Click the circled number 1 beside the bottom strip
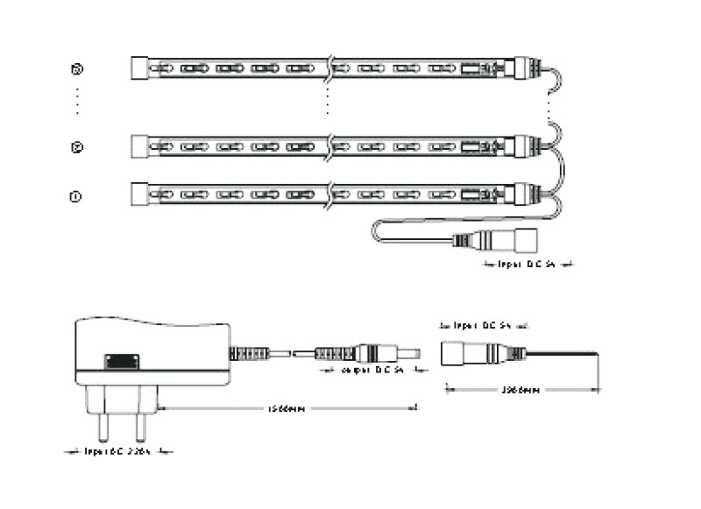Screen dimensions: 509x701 coord(76,196)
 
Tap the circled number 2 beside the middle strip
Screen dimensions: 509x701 coord(76,147)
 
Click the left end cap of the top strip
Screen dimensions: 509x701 coord(139,67)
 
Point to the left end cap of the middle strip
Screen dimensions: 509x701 coord(139,145)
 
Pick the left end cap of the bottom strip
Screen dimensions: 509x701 coord(139,194)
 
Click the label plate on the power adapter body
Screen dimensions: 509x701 coord(122,361)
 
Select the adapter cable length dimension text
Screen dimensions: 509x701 coord(286,408)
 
